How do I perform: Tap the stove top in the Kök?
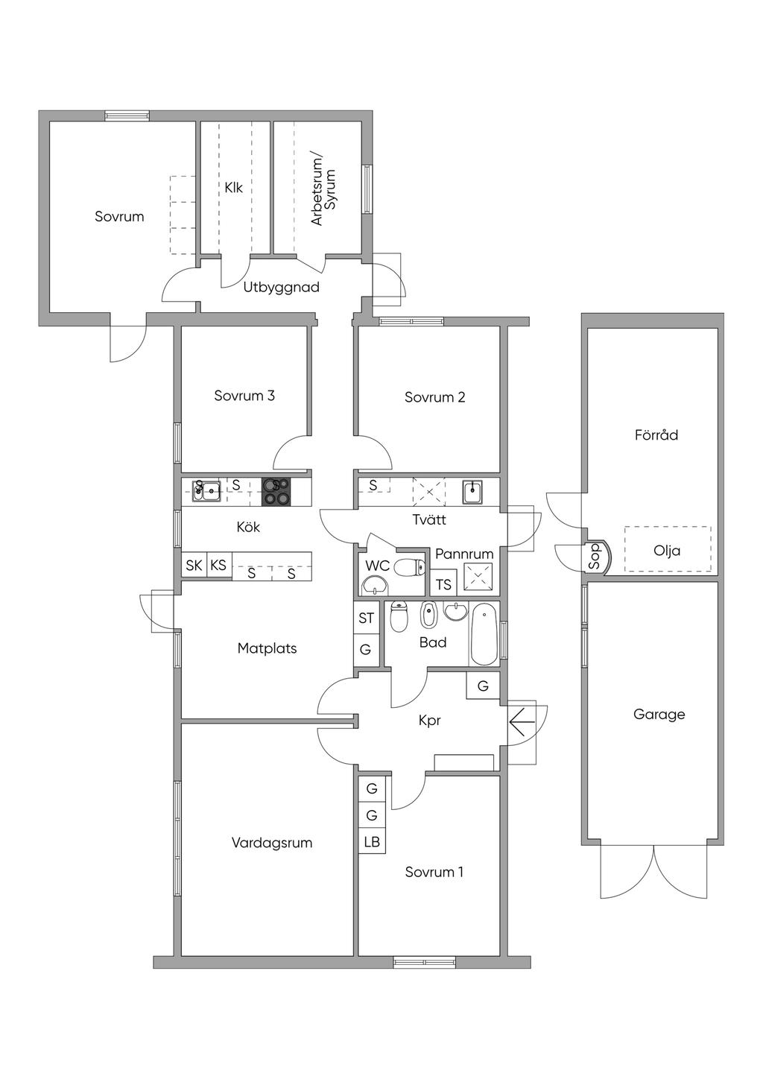(276, 491)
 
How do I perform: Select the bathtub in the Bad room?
(484, 634)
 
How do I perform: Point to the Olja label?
(667, 550)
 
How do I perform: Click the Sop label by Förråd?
(595, 556)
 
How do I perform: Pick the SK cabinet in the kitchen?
(194, 565)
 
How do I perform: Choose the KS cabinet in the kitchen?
(218, 565)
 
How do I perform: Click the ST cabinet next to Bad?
(367, 618)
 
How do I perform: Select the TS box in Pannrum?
(443, 585)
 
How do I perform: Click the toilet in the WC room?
(409, 567)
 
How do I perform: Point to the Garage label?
(659, 714)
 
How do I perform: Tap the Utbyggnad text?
(282, 288)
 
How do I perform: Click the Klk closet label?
(234, 187)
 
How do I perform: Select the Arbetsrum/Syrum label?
(323, 190)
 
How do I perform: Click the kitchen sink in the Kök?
(206, 491)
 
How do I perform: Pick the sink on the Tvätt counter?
(473, 492)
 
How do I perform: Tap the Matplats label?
(267, 648)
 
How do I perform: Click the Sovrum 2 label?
(435, 397)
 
